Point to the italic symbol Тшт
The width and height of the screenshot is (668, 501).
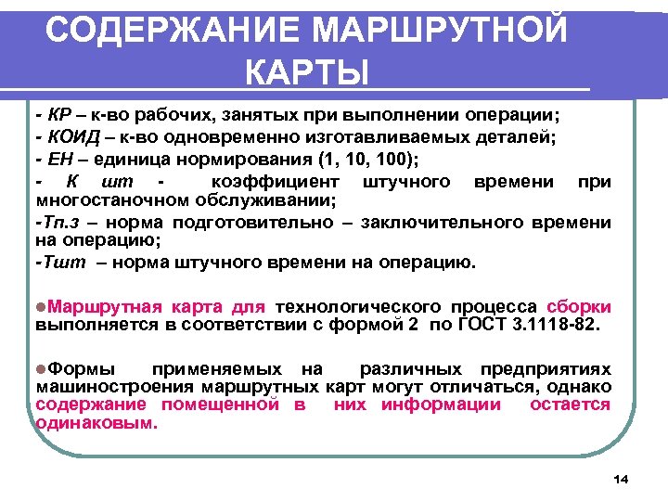(61, 263)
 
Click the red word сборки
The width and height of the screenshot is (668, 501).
(579, 307)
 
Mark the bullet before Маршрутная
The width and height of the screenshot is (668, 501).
(40, 307)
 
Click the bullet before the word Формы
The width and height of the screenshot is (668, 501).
(40, 368)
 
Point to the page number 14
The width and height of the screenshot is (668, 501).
(621, 478)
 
